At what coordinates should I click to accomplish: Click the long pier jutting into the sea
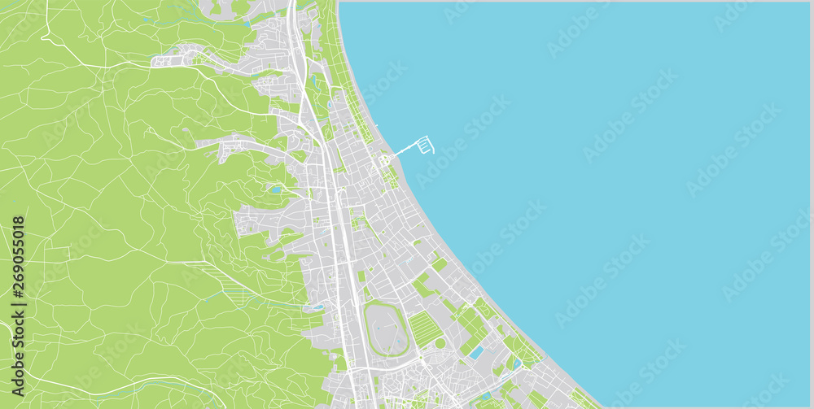tap(403, 153)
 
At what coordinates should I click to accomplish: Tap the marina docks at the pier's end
tap(426, 146)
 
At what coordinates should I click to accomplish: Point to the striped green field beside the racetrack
tap(425, 329)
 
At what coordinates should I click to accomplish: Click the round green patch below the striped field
tap(440, 343)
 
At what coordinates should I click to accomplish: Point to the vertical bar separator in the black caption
tap(18, 302)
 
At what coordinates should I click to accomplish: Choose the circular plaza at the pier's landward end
tap(383, 161)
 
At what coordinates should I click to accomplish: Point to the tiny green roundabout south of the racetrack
tap(420, 359)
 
